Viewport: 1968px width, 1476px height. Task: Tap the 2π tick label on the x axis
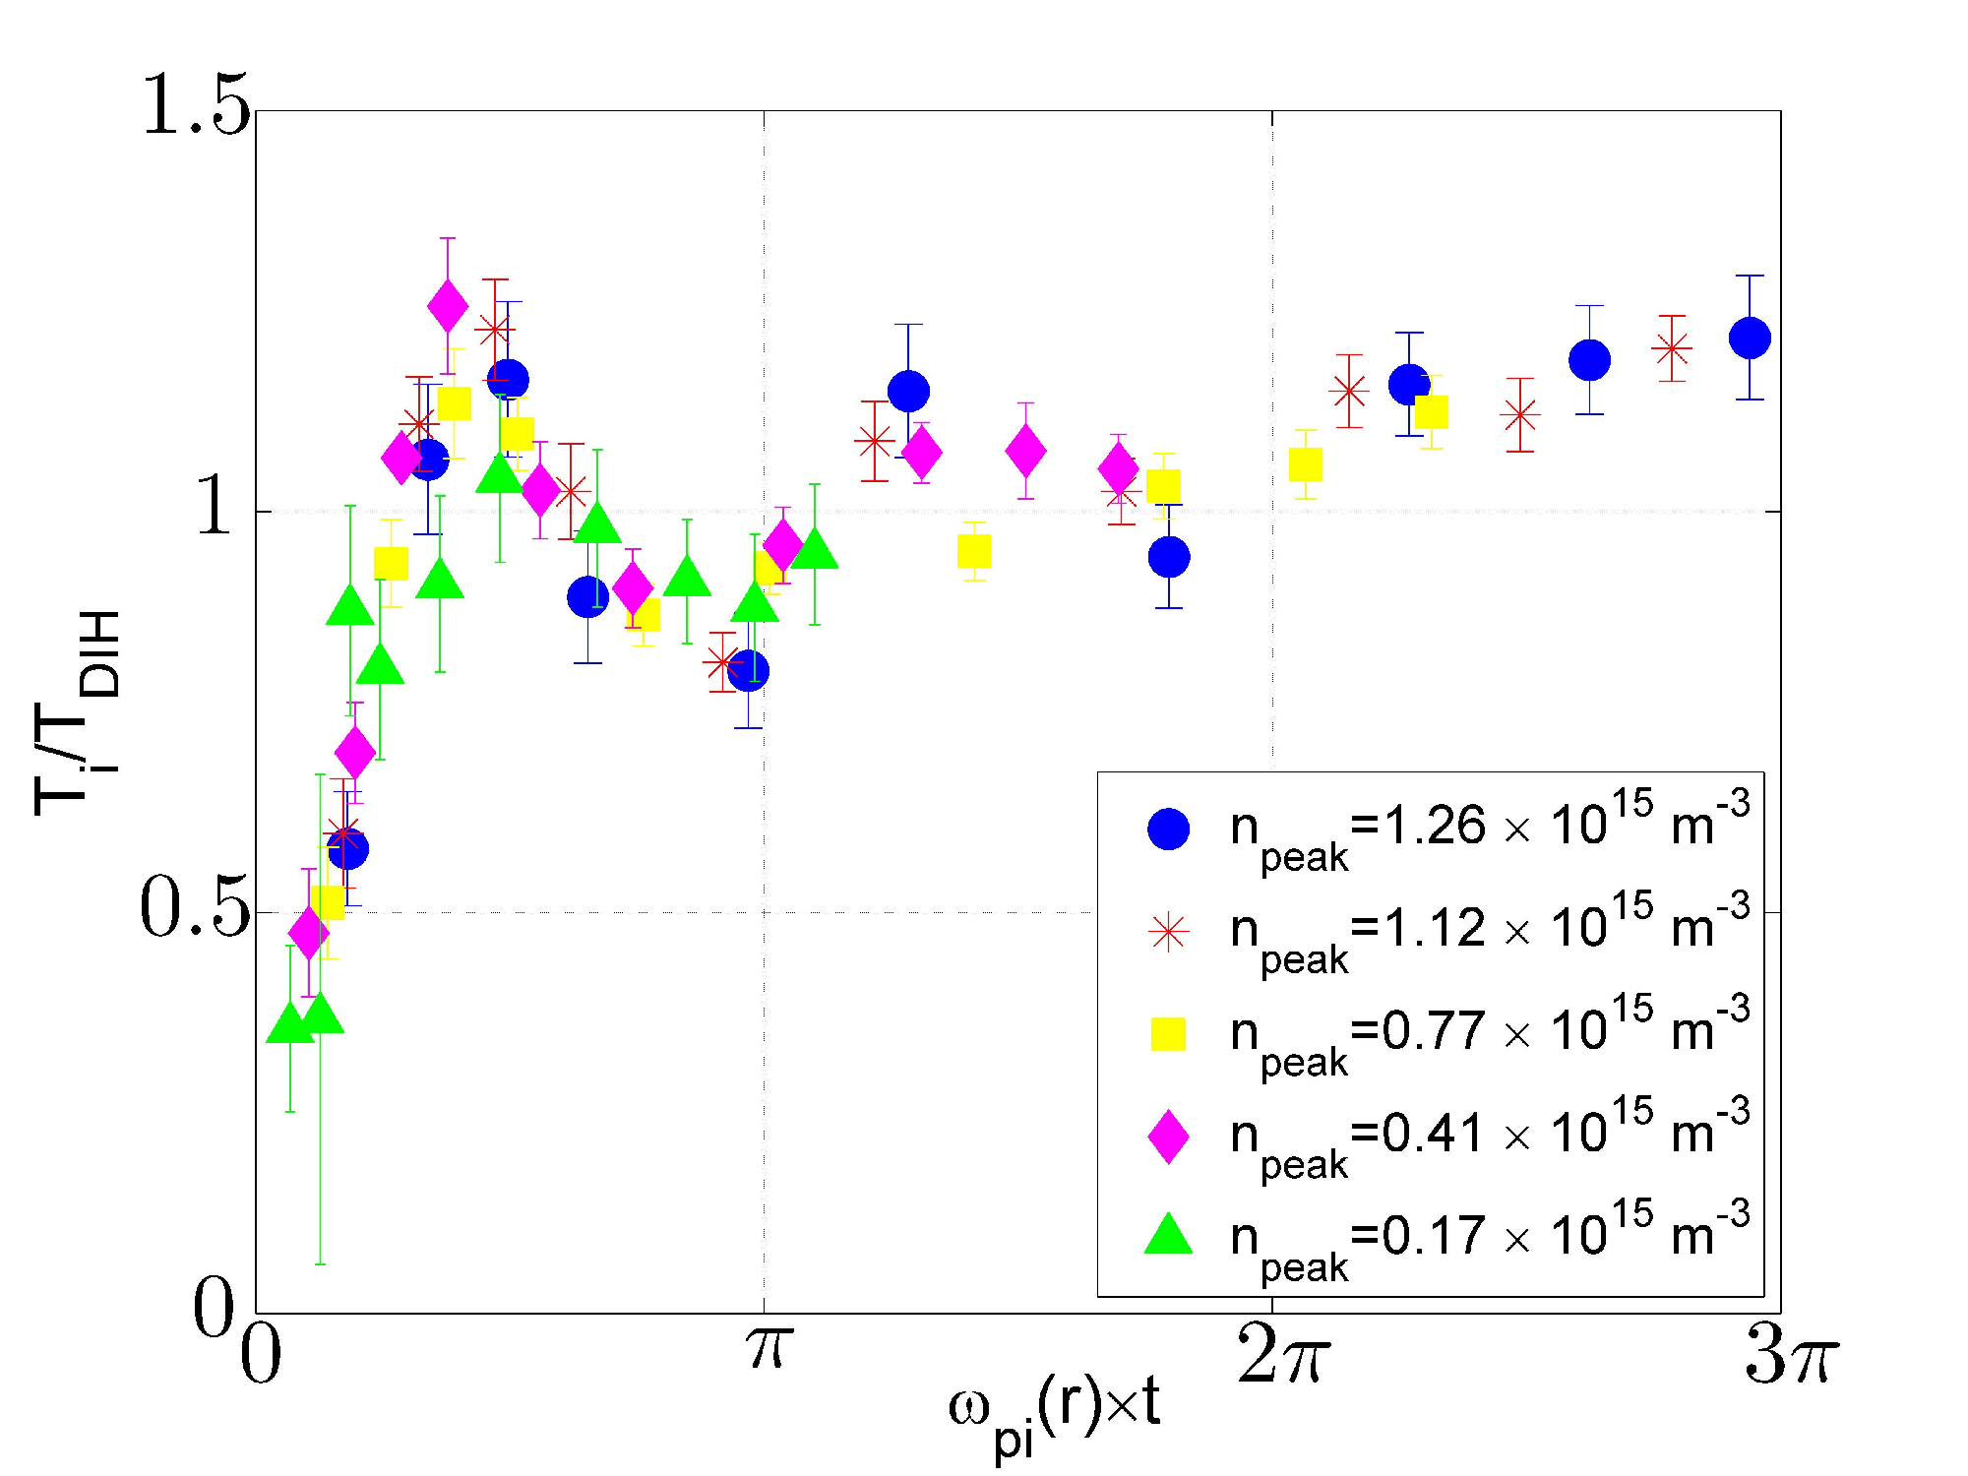click(1282, 1354)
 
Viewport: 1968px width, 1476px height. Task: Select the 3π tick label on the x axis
click(1790, 1354)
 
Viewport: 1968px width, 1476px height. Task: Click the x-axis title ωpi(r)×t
click(1054, 1412)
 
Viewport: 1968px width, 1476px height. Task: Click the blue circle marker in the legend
click(1168, 829)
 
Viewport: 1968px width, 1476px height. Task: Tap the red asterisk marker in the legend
click(1168, 931)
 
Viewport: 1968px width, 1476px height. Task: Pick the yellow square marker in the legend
click(1168, 1033)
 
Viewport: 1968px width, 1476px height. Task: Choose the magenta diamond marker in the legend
click(1168, 1137)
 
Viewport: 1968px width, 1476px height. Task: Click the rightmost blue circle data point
click(1750, 338)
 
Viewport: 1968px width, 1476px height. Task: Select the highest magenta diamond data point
click(448, 307)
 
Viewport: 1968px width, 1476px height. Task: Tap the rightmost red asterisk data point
click(1672, 348)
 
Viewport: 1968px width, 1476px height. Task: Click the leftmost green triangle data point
click(289, 1022)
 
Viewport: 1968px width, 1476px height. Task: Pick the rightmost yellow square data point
click(1431, 412)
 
